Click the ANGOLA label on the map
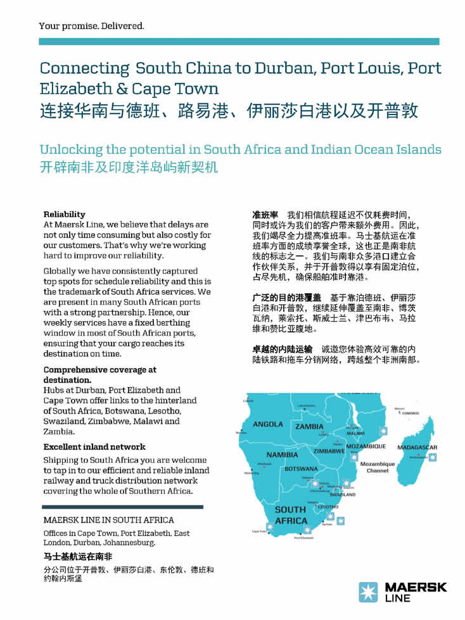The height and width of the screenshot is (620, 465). (x=268, y=424)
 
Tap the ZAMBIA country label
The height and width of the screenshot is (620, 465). (x=309, y=427)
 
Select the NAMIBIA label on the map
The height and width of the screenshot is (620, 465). (x=282, y=455)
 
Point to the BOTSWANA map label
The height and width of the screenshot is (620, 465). (x=301, y=469)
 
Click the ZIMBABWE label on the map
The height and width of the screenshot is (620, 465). (x=329, y=452)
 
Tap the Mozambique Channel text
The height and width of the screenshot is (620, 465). (x=378, y=467)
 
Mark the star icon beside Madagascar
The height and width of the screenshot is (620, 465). (x=432, y=457)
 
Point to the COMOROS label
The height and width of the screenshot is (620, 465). (x=411, y=413)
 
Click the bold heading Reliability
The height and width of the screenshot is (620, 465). (x=64, y=214)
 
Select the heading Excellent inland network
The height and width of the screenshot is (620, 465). (x=94, y=446)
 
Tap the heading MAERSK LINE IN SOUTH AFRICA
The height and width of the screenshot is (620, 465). (x=108, y=520)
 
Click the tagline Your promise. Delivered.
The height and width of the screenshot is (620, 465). (x=91, y=26)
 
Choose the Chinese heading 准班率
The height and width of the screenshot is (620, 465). (x=265, y=215)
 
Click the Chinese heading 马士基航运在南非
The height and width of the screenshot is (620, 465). (x=78, y=556)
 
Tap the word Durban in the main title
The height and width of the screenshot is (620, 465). (x=284, y=68)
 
